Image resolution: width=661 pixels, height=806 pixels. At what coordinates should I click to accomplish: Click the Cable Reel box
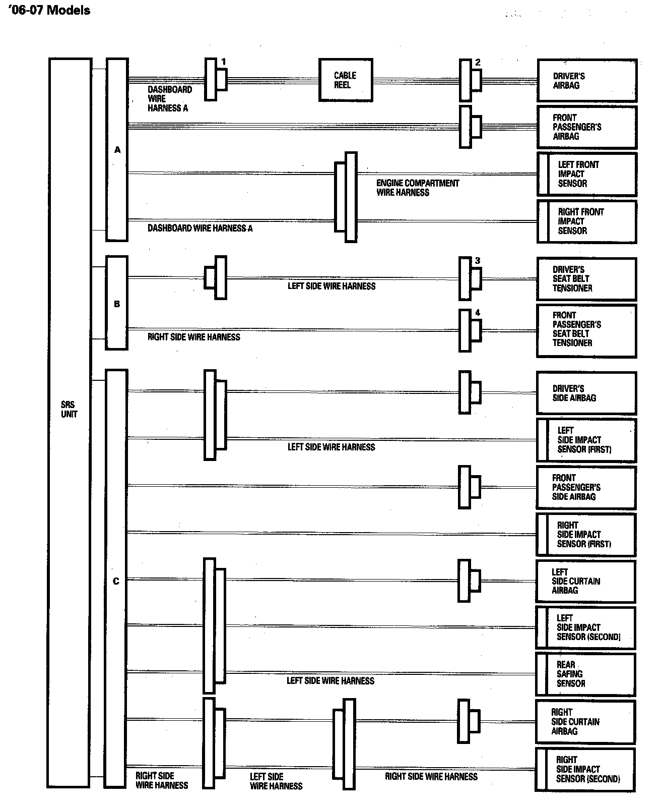point(346,80)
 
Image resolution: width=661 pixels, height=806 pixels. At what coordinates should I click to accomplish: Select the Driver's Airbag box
point(587,81)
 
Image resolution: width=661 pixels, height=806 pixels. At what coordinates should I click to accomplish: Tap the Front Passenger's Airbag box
point(587,127)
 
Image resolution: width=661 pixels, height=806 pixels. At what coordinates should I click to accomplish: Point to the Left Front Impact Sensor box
point(587,174)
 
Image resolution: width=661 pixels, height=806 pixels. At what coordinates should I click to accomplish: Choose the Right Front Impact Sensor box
point(587,221)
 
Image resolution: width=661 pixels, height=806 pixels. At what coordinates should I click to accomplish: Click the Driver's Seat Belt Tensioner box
point(587,279)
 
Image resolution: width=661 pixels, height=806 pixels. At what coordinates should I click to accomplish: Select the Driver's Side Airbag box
point(587,393)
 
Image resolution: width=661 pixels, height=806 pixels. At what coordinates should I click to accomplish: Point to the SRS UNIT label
point(69,409)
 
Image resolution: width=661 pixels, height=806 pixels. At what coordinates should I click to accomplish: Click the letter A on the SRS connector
point(117,150)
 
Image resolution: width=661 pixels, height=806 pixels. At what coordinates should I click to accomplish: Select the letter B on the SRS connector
point(117,304)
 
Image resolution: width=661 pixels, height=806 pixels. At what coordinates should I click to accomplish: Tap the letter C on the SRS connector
point(116,581)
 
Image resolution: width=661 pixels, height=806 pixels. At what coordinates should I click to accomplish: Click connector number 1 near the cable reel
point(224,62)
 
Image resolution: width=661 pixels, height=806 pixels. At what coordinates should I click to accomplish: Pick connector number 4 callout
point(478,313)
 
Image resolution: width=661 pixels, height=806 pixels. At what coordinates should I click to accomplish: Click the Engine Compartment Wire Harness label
point(418,188)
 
